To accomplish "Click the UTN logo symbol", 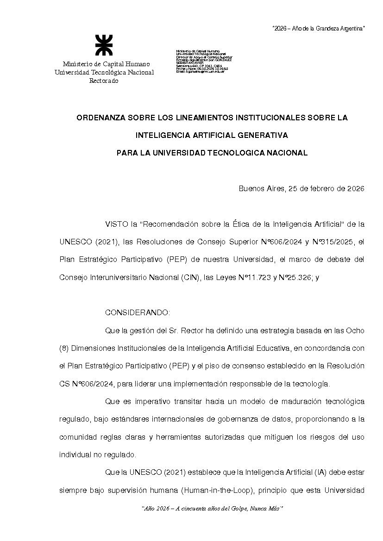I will coord(104,45).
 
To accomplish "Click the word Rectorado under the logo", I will coord(104,81).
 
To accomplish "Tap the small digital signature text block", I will coord(204,62).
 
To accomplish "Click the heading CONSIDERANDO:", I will coord(138,312).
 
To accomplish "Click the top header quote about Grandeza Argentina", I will coord(318,29).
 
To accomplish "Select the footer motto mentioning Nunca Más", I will coord(212,509).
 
